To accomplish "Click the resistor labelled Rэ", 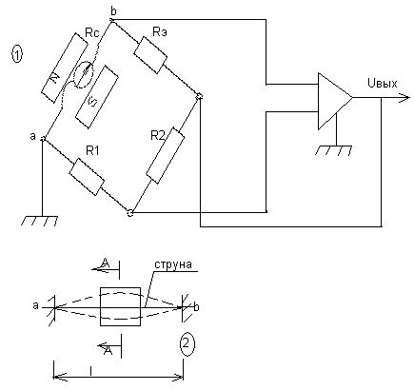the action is click(x=150, y=55).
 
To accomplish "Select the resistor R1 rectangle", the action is click(x=87, y=177).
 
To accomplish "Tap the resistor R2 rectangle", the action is click(x=165, y=155).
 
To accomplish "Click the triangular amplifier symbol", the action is click(x=335, y=101).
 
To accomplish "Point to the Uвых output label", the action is click(x=382, y=83).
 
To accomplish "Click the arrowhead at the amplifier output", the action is click(x=404, y=98).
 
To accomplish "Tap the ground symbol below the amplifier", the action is click(x=334, y=150).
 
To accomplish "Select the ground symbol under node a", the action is click(x=40, y=221).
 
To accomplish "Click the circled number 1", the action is click(x=17, y=54).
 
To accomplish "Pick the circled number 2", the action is click(x=187, y=344).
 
